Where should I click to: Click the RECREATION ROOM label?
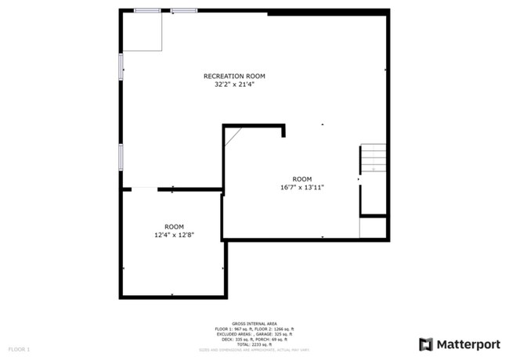pos(234,76)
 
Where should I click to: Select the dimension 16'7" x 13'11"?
pos(301,187)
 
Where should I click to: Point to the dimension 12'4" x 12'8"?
pos(173,233)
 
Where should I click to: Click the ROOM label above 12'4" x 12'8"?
pos(173,225)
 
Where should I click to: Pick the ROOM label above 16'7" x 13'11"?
pos(301,178)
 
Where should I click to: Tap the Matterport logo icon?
pos(426,343)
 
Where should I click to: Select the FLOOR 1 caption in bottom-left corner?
pos(20,347)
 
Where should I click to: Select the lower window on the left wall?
pos(121,157)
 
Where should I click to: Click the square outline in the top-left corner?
pos(142,31)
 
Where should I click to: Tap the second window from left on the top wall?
pos(184,10)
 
